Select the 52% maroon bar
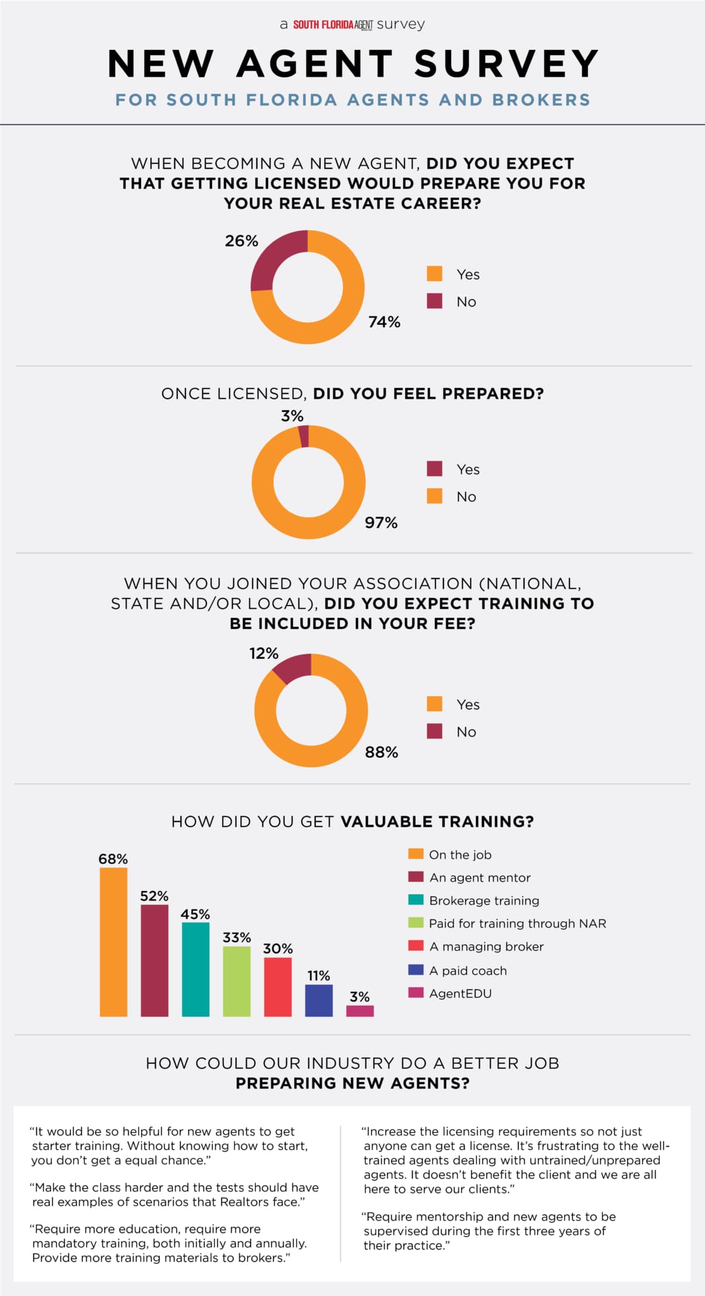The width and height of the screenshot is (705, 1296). coord(154,960)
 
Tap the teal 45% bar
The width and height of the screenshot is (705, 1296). coord(196,969)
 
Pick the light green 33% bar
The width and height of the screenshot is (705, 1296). coord(237,981)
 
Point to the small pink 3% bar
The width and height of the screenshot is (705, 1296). coord(360,1011)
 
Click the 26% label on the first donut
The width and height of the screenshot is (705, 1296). coord(242,241)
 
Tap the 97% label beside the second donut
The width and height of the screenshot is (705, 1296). coord(381,523)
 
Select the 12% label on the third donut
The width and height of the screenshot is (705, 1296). coord(264,653)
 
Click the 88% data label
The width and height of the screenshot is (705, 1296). coord(382,752)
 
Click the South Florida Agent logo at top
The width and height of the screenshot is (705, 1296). coord(333,25)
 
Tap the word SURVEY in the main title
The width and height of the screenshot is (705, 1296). coord(506,64)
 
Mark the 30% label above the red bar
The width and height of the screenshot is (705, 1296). coord(278,949)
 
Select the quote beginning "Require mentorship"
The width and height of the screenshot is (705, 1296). coord(489,1231)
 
